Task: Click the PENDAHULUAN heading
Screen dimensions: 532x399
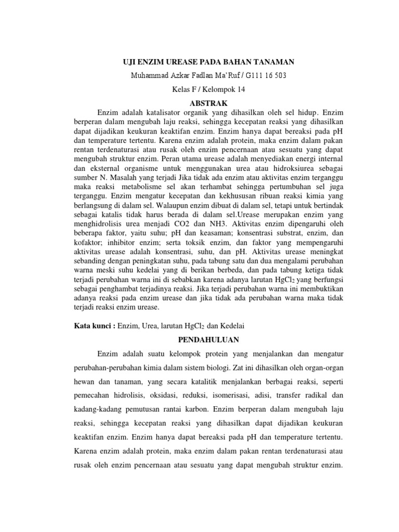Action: [201, 340]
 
